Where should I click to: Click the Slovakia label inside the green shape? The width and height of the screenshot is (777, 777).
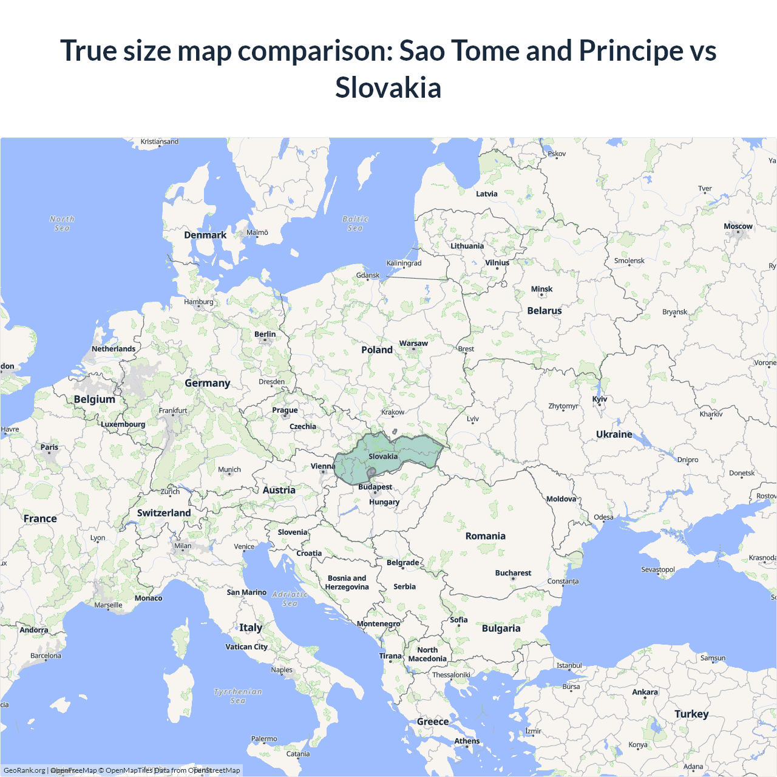pos(383,456)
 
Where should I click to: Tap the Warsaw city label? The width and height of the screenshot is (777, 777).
pos(413,344)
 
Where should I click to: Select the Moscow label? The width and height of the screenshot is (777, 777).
pos(738,226)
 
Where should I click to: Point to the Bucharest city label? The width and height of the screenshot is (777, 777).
pos(513,573)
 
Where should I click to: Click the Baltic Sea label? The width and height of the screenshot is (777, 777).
pos(355,223)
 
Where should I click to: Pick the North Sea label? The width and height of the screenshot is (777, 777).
pos(62,223)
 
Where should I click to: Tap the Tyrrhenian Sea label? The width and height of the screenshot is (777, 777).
pos(238,696)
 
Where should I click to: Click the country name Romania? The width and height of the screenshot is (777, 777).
pos(485,536)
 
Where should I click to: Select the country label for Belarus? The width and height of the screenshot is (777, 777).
pos(544,311)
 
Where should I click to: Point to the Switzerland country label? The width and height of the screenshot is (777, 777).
pos(164,513)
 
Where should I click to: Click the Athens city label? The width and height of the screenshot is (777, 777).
pos(467,741)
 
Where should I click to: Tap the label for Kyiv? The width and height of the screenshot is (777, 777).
pos(600,399)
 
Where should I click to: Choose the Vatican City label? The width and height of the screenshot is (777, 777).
pos(246,647)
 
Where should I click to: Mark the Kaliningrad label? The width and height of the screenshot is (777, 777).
pos(404,263)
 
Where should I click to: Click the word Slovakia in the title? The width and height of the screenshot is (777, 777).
pos(388,87)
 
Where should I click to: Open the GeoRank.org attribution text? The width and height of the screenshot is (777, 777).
pos(24,770)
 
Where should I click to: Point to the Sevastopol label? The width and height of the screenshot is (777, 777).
pos(658,569)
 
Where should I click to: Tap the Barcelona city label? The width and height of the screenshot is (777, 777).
pos(46,656)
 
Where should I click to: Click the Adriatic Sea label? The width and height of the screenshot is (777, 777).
pos(290,599)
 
